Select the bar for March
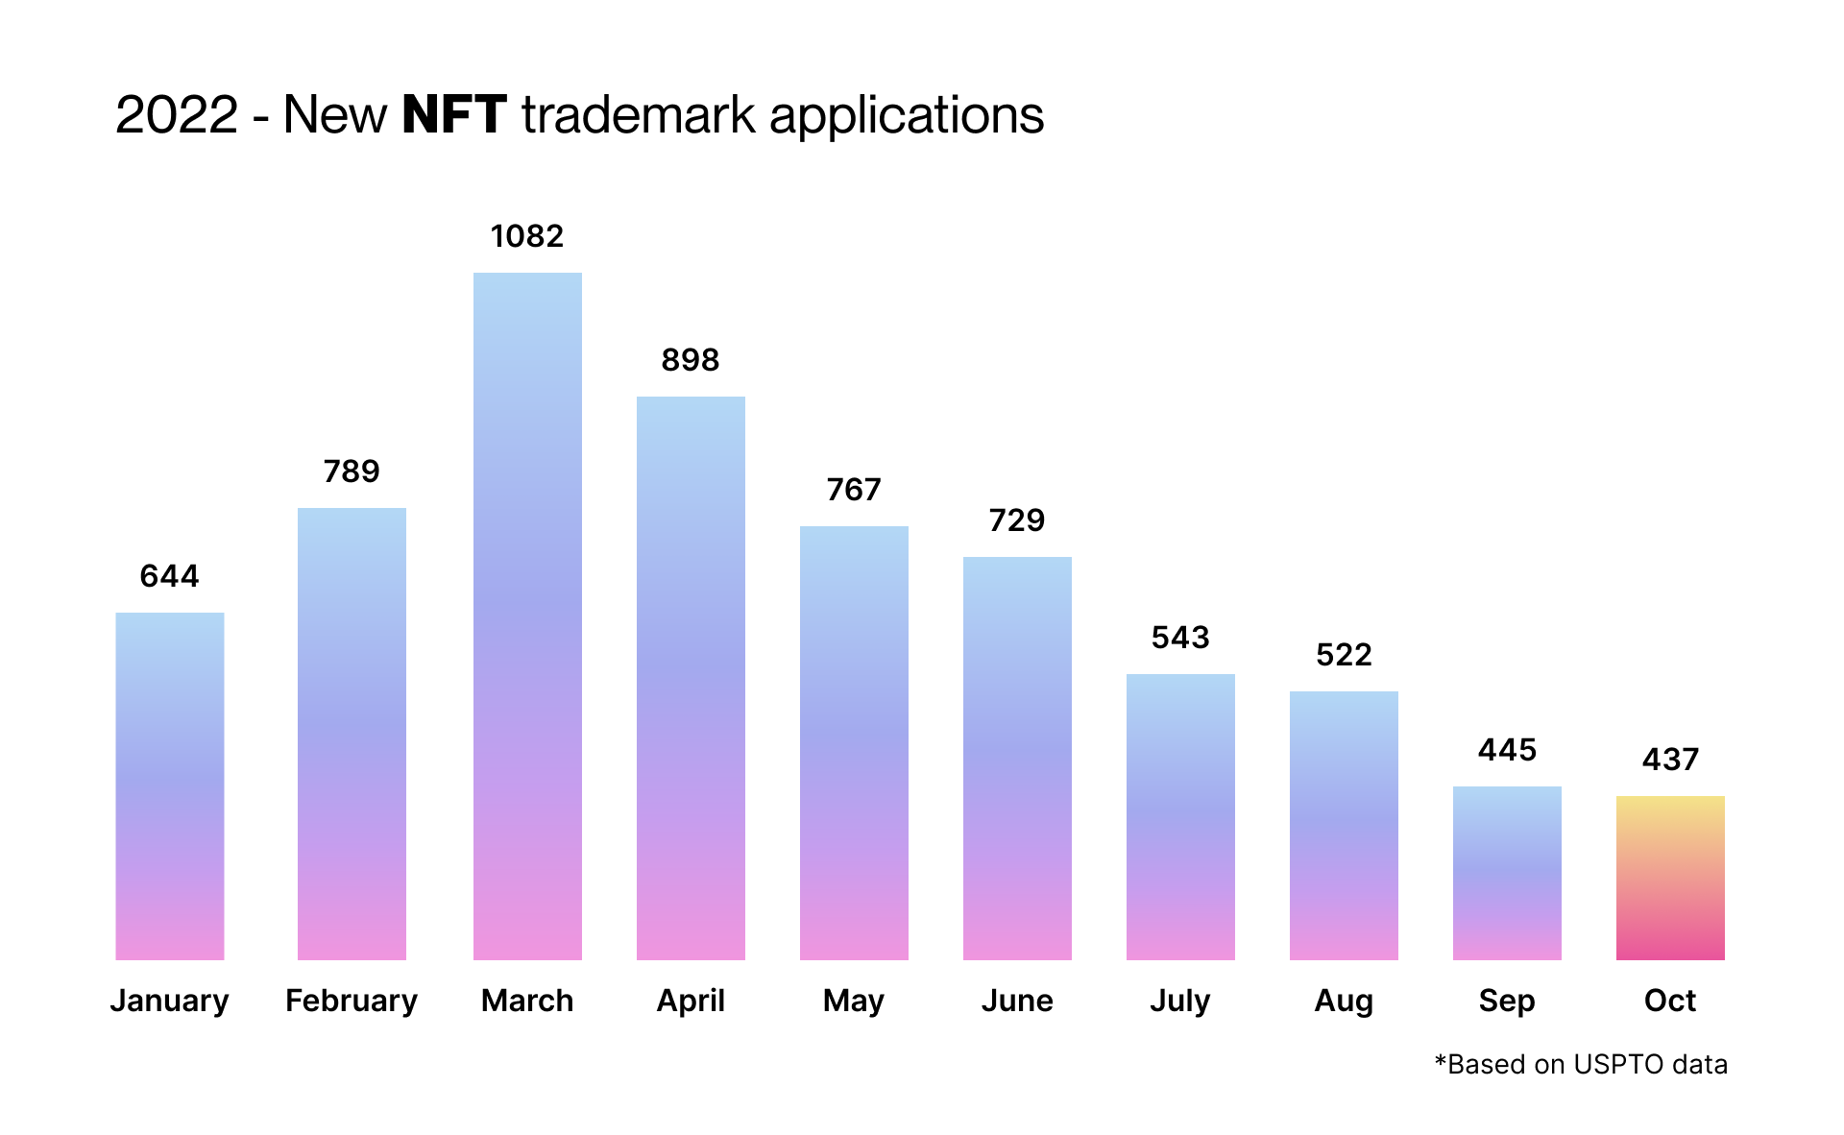tap(527, 616)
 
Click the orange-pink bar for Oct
tap(1670, 878)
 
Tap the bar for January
tap(170, 786)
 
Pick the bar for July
tap(1180, 817)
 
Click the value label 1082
tap(527, 236)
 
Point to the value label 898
tap(691, 360)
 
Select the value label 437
tap(1670, 760)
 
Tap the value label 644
tap(170, 576)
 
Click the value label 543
tap(1180, 638)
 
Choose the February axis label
tap(352, 1001)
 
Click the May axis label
tap(854, 1001)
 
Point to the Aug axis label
tap(1344, 1001)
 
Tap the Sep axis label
tap(1507, 1001)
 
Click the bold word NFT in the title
tap(453, 115)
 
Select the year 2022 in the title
tap(177, 115)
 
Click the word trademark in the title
tap(639, 115)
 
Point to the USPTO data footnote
tap(1581, 1064)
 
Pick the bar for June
tap(1017, 759)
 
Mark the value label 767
tap(854, 490)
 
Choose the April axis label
tap(691, 1001)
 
